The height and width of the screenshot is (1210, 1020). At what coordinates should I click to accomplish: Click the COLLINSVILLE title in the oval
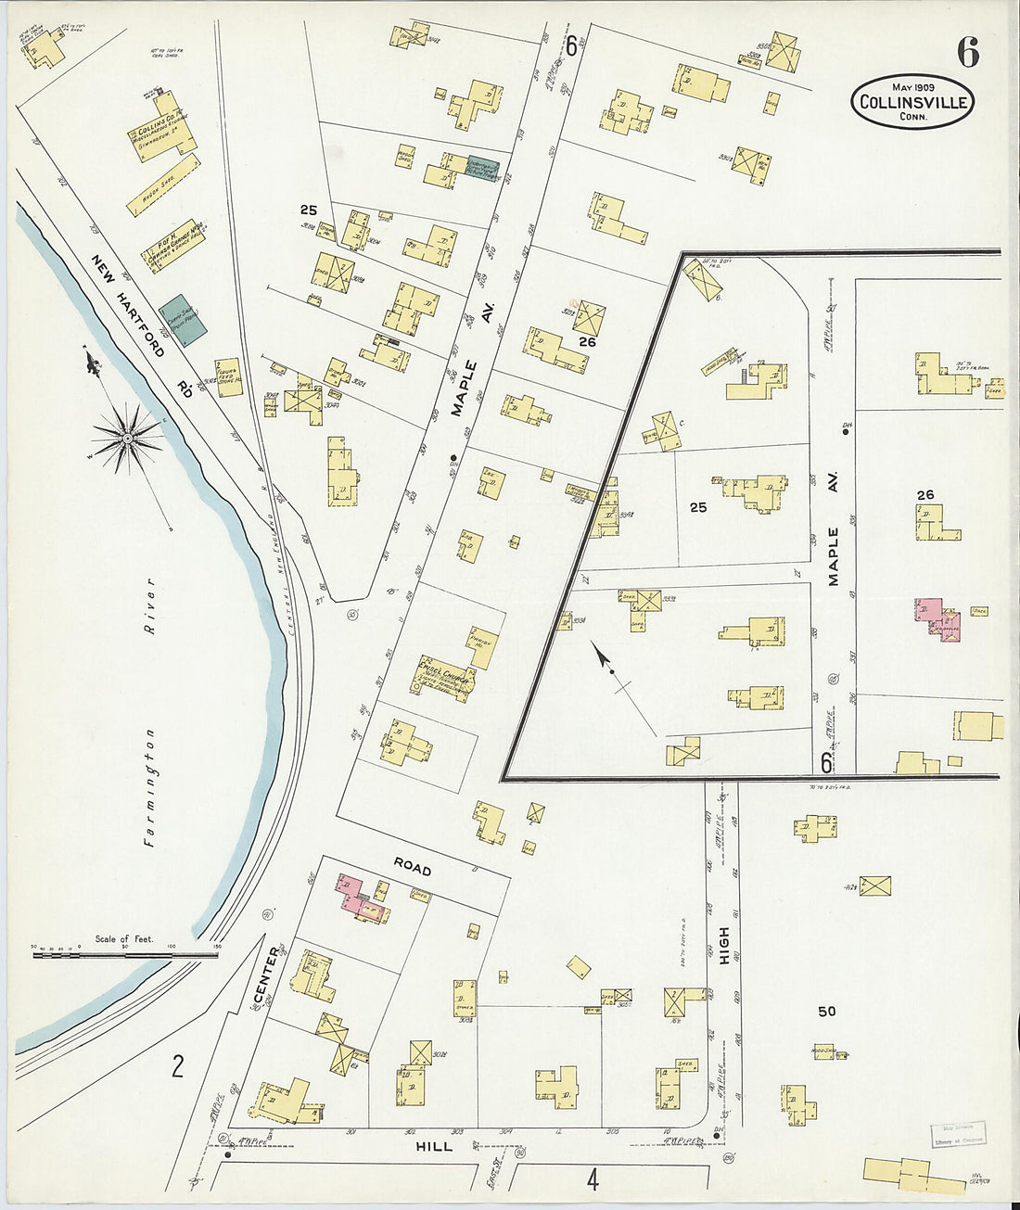[x=912, y=102]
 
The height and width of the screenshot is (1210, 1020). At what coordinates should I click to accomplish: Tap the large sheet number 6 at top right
[x=967, y=54]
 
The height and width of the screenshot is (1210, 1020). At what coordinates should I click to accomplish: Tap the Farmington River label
[x=149, y=709]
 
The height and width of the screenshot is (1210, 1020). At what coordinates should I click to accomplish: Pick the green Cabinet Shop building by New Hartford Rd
[x=183, y=320]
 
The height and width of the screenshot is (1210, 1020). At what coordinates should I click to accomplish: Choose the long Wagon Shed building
[x=164, y=185]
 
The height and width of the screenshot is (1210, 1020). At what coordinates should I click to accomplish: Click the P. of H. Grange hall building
[x=173, y=246]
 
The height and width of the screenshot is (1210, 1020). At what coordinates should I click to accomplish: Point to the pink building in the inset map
[x=937, y=619]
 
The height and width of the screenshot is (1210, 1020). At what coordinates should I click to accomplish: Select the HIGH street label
[x=723, y=945]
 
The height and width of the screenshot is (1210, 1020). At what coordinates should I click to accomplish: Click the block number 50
[x=826, y=1011]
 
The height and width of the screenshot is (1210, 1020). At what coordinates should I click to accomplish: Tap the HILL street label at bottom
[x=434, y=1146]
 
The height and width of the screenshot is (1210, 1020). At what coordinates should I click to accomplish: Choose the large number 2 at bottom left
[x=177, y=1066]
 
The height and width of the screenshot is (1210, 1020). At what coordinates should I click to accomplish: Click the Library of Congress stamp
[x=958, y=1135]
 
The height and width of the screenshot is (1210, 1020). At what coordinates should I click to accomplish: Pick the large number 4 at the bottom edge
[x=592, y=1179]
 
